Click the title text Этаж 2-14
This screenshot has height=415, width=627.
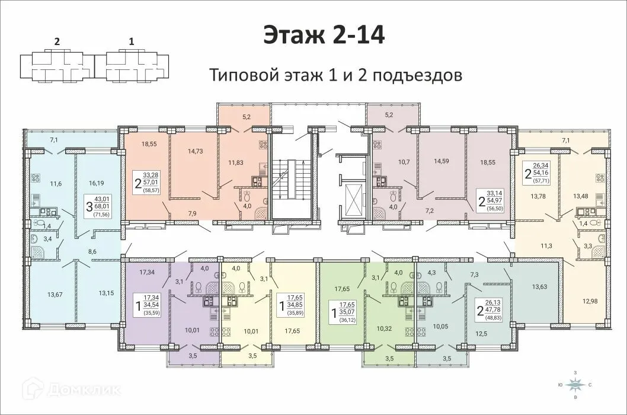tap(324, 35)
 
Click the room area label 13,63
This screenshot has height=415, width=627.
tap(539, 287)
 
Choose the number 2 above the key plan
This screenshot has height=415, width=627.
tap(57, 41)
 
